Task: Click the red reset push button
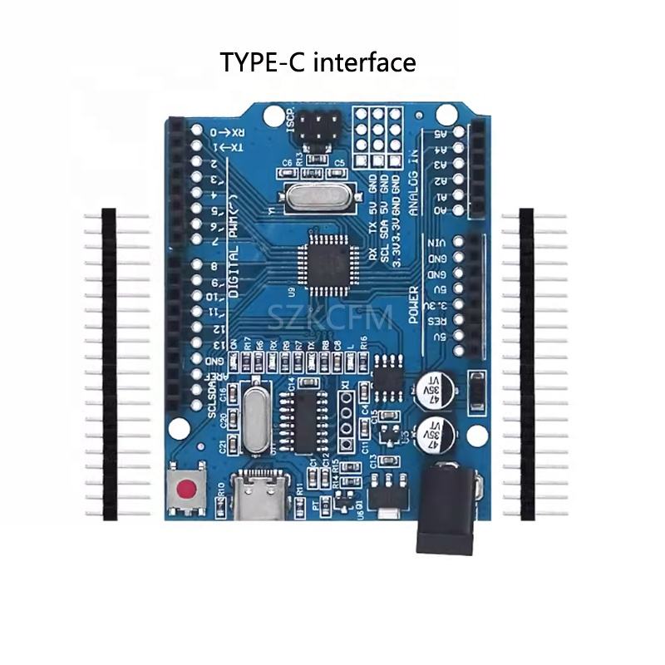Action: point(190,488)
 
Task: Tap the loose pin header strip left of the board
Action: point(109,364)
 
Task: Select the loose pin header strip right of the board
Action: point(526,364)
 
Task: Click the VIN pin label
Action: point(434,242)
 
